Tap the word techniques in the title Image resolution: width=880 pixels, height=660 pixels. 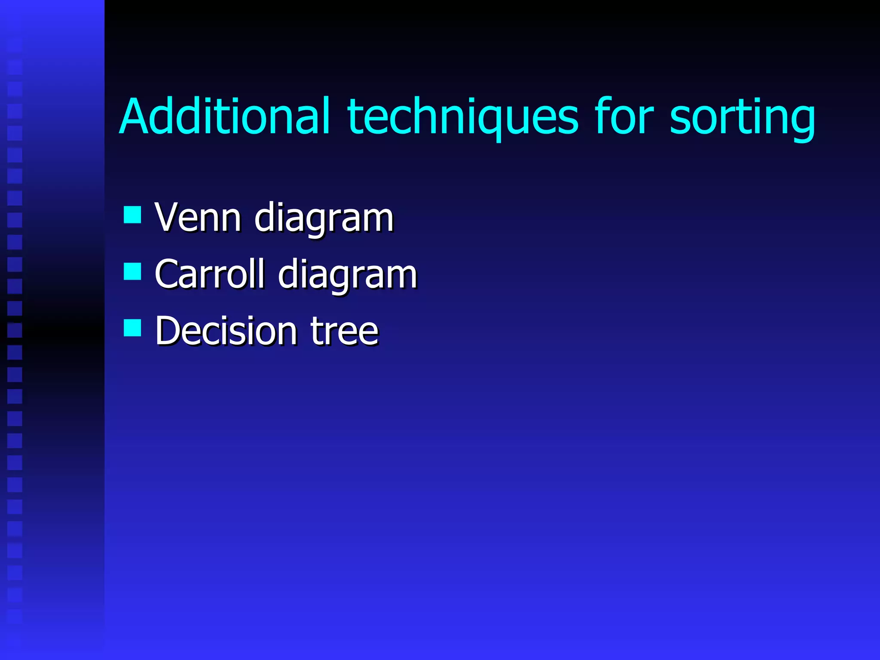pos(463,117)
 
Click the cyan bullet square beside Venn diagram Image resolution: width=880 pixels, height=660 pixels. pos(132,215)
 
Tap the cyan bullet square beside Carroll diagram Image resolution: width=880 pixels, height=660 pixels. pos(132,271)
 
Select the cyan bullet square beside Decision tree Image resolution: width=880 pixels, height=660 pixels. pos(132,327)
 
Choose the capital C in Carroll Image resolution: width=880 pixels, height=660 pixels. pos(167,274)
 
